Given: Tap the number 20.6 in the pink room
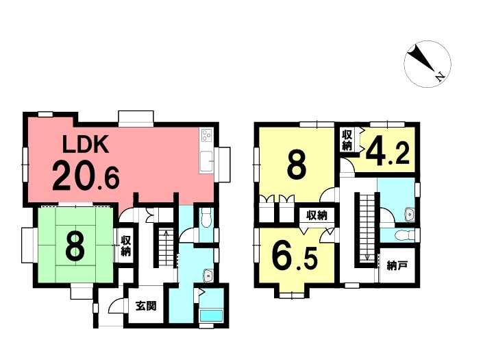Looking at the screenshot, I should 86,177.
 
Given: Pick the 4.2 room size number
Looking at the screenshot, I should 387,153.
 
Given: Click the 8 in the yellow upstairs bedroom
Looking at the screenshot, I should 295,165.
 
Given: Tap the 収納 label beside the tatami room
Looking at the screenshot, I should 126,245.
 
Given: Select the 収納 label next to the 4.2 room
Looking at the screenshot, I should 347,139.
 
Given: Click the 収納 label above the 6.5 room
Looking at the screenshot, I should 317,215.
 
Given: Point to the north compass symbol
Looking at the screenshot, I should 425,62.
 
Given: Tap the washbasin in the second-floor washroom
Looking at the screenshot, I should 409,214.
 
